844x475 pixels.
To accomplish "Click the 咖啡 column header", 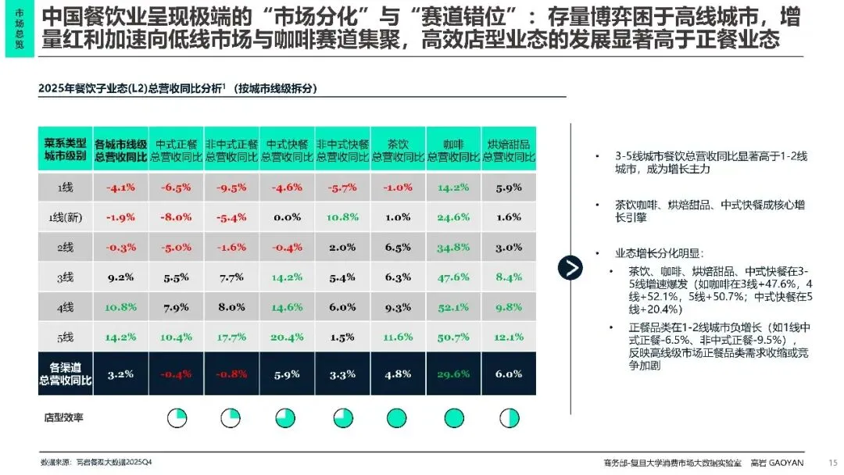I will pyautogui.click(x=453, y=150).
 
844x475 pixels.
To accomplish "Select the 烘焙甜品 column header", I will pyautogui.click(x=509, y=150).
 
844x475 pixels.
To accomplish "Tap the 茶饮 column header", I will pyautogui.click(x=398, y=150).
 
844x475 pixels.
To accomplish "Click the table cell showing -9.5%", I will pyautogui.click(x=231, y=187).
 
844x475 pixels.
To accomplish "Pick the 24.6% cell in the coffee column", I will pyautogui.click(x=453, y=217).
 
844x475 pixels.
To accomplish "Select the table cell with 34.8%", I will pyautogui.click(x=453, y=248).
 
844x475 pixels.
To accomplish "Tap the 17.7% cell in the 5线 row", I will pyautogui.click(x=231, y=337).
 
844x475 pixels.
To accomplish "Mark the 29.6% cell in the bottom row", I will pyautogui.click(x=453, y=374).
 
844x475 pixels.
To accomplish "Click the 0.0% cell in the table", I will pyautogui.click(x=287, y=217).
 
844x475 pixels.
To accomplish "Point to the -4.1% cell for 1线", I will pyautogui.click(x=120, y=187).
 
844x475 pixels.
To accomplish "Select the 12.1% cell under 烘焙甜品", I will pyautogui.click(x=509, y=337).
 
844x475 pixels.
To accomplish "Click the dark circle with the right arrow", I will pyautogui.click(x=570, y=267).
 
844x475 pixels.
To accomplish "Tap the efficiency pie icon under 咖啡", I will pyautogui.click(x=453, y=418).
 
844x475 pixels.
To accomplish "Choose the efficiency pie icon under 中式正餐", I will pyautogui.click(x=177, y=418).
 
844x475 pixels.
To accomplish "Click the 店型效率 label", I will pyautogui.click(x=64, y=418).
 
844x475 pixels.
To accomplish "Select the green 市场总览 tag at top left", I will pyautogui.click(x=19, y=30).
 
